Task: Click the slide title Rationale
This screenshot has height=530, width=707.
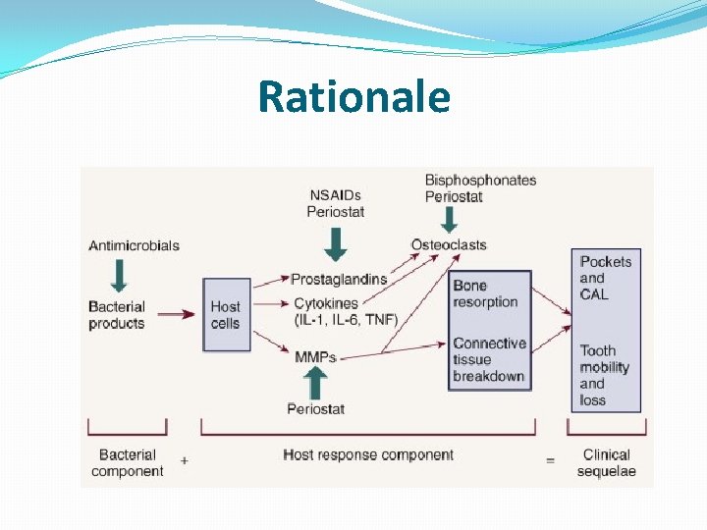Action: click(x=353, y=97)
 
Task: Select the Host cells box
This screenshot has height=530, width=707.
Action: click(x=226, y=314)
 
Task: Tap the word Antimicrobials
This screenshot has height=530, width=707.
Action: click(x=134, y=245)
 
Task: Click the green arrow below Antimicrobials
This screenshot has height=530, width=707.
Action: click(x=120, y=275)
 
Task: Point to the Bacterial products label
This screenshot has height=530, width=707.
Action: click(x=116, y=314)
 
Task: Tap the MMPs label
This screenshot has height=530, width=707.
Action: click(x=315, y=357)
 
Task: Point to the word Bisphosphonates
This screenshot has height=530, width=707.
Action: click(x=480, y=181)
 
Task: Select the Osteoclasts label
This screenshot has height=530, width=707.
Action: click(x=448, y=244)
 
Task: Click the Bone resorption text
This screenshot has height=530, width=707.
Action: click(x=485, y=293)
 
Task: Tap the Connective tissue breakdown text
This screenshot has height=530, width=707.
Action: click(x=489, y=359)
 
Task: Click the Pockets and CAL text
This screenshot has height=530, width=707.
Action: click(x=605, y=278)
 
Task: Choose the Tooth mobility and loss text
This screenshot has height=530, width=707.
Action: click(x=604, y=374)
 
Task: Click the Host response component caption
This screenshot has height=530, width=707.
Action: click(x=368, y=455)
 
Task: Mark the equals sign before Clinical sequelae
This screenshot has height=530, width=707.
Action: click(x=551, y=458)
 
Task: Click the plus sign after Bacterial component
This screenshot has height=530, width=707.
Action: click(x=185, y=457)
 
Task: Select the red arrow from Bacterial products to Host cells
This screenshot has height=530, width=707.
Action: click(x=176, y=315)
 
